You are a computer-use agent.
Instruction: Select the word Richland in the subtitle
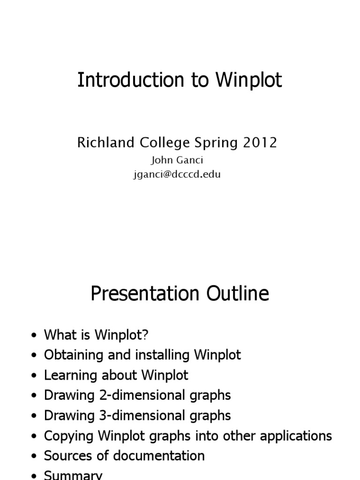[x=104, y=142]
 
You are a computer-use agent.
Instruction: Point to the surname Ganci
[x=189, y=160]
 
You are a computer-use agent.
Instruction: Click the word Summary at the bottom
[x=73, y=474]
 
